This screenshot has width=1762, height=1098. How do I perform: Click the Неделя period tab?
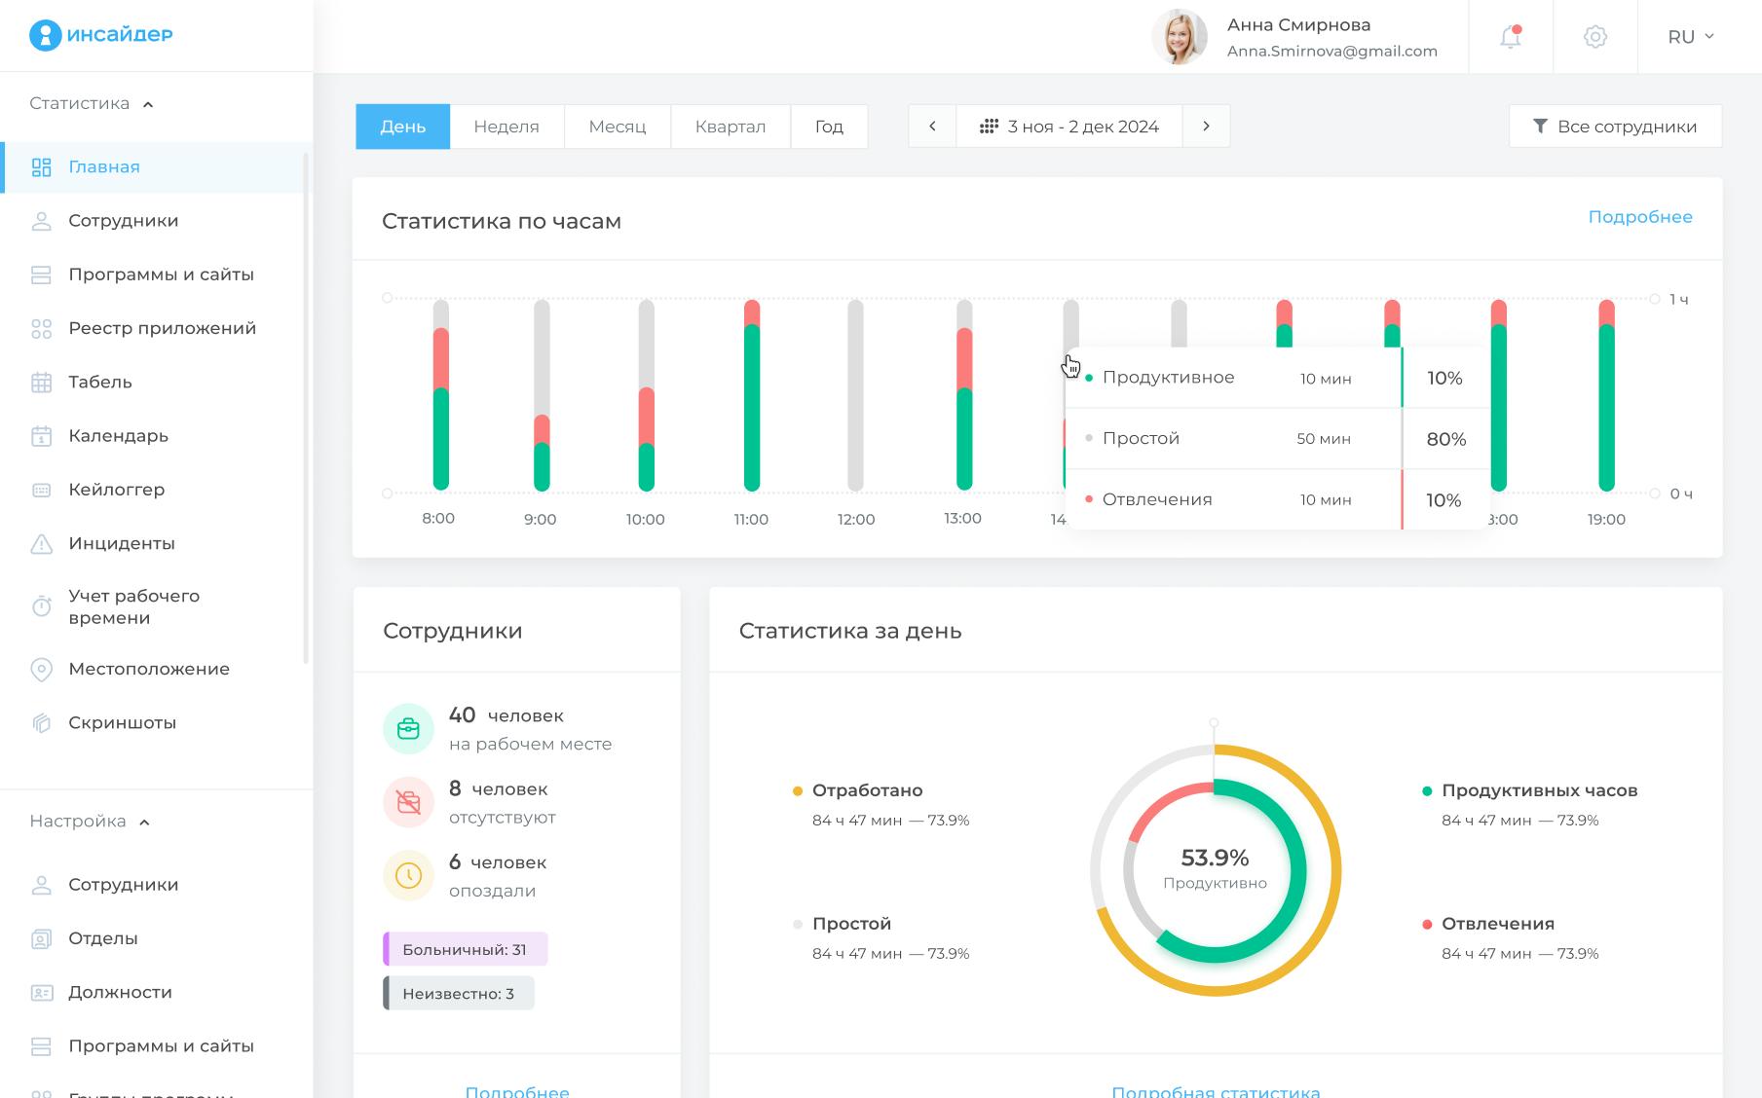pyautogui.click(x=506, y=127)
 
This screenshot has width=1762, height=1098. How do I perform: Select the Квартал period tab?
pyautogui.click(x=730, y=127)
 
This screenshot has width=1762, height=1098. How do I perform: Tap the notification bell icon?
pyautogui.click(x=1510, y=37)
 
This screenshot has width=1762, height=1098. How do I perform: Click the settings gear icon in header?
pyautogui.click(x=1594, y=37)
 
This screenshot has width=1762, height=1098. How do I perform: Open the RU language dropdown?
pyautogui.click(x=1691, y=37)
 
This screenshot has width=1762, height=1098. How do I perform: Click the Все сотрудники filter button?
pyautogui.click(x=1615, y=127)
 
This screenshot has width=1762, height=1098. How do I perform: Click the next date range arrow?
pyautogui.click(x=1206, y=127)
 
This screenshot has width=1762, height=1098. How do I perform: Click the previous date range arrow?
pyautogui.click(x=932, y=127)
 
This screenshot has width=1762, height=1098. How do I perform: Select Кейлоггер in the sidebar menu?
pyautogui.click(x=116, y=490)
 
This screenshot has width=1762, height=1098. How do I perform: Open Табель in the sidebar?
pyautogui.click(x=99, y=383)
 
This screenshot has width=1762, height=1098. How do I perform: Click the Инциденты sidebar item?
pyautogui.click(x=121, y=543)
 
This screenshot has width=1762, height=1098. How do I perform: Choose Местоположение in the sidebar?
pyautogui.click(x=148, y=669)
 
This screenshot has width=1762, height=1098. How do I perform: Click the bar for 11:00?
pyautogui.click(x=751, y=399)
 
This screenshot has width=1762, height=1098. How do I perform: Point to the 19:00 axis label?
pyautogui.click(x=1606, y=520)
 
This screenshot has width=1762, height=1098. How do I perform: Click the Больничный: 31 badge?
pyautogui.click(x=465, y=949)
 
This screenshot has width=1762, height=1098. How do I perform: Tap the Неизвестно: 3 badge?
pyautogui.click(x=458, y=994)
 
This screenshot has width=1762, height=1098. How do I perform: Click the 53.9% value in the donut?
pyautogui.click(x=1215, y=858)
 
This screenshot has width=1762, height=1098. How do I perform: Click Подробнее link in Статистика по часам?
pyautogui.click(x=1639, y=217)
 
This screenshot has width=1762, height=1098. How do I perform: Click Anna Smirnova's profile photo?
pyautogui.click(x=1180, y=37)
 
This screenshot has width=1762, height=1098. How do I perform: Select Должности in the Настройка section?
pyautogui.click(x=120, y=992)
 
